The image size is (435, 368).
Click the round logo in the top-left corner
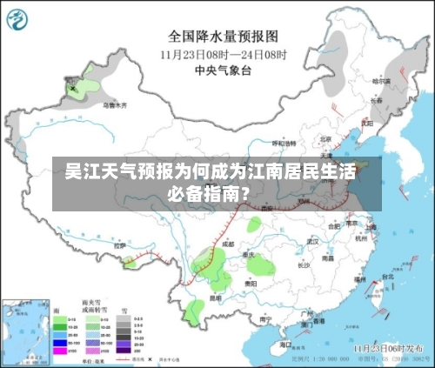click(x=21, y=20)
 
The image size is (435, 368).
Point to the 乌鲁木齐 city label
click(x=115, y=104)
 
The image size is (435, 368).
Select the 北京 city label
click(x=325, y=138)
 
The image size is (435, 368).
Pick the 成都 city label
click(x=228, y=244)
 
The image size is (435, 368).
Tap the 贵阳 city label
click(x=251, y=284)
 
